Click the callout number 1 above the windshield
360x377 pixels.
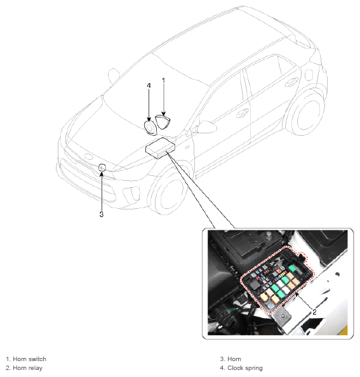(x=164, y=81)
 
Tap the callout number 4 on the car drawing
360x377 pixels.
(x=149, y=86)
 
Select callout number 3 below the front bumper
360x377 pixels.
(x=102, y=214)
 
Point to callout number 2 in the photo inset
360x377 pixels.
(x=314, y=312)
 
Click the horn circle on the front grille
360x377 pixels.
(x=102, y=168)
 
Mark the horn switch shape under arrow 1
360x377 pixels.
(x=163, y=122)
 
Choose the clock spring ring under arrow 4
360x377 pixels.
(x=150, y=128)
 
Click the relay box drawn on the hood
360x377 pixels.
(x=160, y=148)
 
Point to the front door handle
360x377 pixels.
(x=243, y=113)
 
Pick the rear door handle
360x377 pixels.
(x=291, y=82)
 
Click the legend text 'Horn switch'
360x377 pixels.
(x=29, y=359)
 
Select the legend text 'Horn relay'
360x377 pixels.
(x=27, y=368)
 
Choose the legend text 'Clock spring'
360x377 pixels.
(x=245, y=368)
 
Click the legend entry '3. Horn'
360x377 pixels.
(x=230, y=359)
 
